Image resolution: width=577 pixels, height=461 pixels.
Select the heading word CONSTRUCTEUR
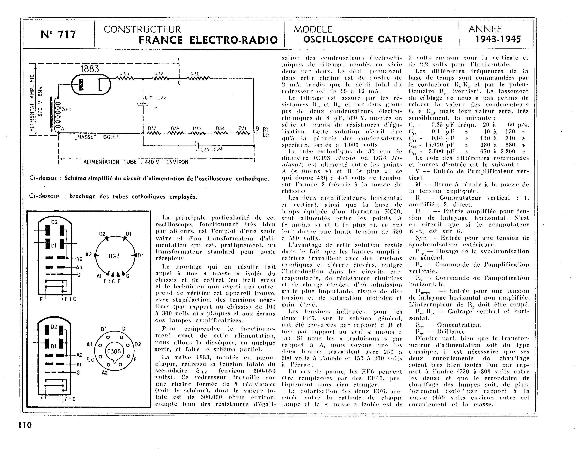[142, 29]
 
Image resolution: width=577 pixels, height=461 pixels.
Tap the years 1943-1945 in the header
[498, 39]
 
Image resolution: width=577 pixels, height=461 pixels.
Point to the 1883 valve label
[90, 69]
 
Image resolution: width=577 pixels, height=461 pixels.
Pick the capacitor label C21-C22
[156, 98]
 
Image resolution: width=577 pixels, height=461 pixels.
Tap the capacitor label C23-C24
[211, 149]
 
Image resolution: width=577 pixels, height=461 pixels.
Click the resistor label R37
[152, 129]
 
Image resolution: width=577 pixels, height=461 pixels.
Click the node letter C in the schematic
[179, 83]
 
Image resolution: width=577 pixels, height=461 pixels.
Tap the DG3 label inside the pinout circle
[114, 256]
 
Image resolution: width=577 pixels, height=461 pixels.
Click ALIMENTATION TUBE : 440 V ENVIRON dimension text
[136, 162]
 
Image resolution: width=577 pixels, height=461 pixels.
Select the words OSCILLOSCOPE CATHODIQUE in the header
[373, 39]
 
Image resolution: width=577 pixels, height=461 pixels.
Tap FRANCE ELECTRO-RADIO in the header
[208, 40]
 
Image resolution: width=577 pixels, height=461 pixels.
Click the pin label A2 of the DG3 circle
[89, 254]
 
